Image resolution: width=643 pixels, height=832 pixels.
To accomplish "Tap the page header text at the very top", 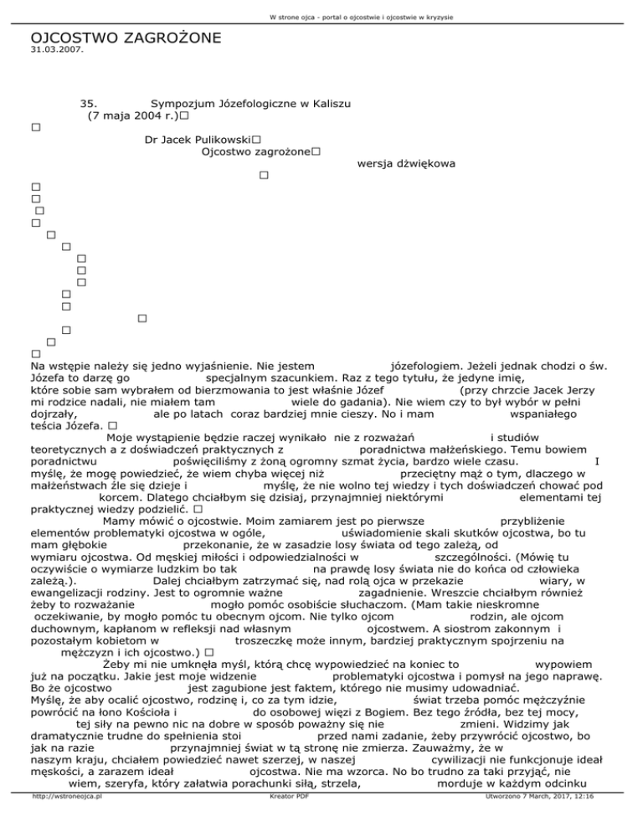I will [321, 8].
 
